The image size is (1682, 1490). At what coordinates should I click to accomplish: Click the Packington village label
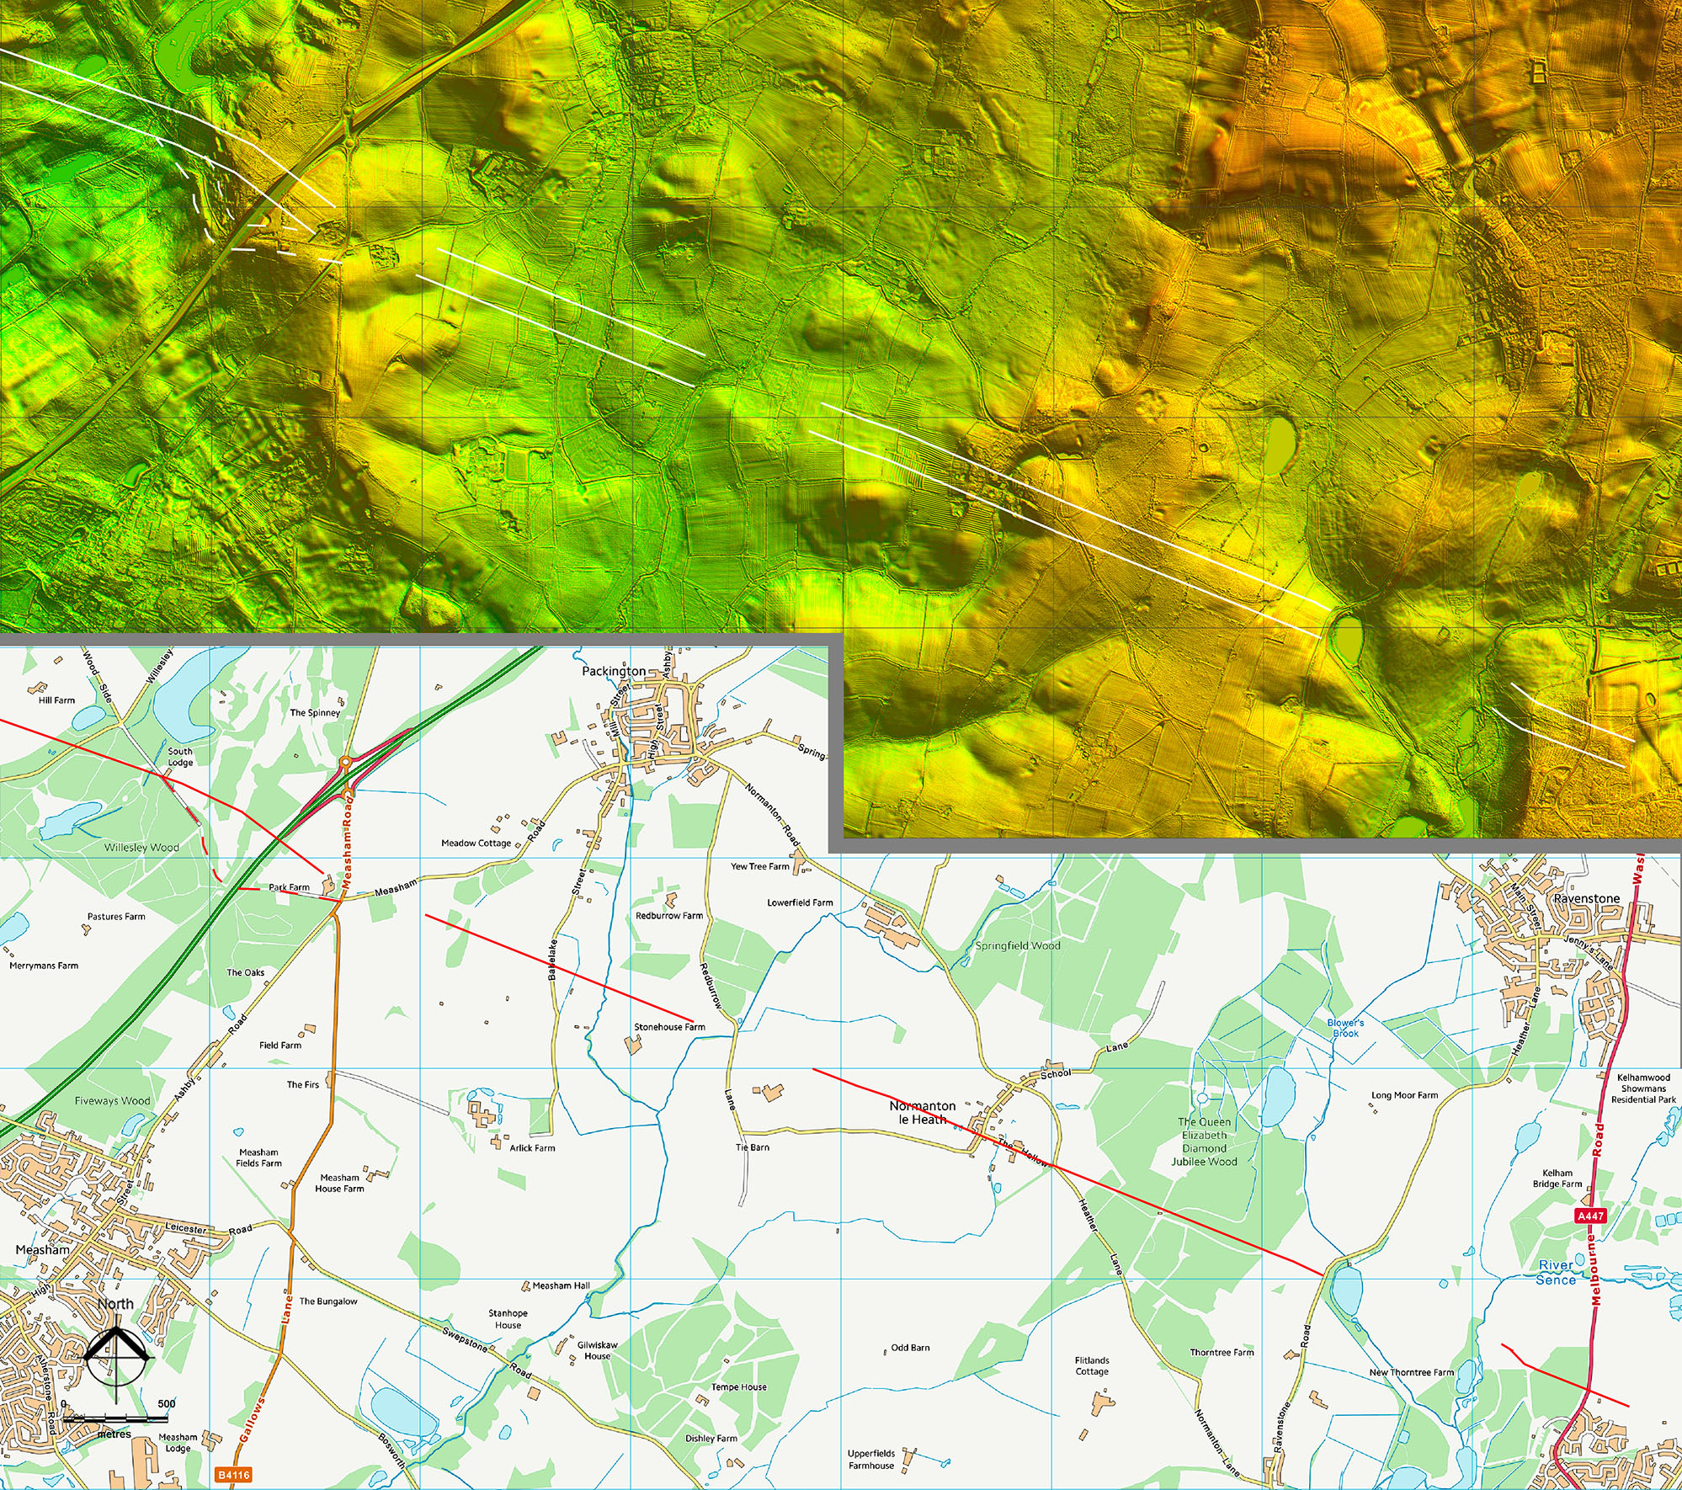click(614, 671)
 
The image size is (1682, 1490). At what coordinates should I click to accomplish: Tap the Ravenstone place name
click(1587, 898)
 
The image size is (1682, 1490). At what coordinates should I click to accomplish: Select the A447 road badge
click(1590, 1216)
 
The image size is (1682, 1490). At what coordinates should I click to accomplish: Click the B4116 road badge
click(233, 1475)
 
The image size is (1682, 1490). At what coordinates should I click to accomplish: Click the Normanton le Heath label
click(923, 1112)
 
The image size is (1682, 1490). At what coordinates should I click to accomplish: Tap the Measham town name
click(42, 1250)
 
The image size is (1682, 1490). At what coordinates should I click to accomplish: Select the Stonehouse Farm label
click(669, 1027)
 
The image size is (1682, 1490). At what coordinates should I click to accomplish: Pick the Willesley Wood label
click(141, 848)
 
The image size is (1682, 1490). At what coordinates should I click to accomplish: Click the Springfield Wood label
click(1017, 945)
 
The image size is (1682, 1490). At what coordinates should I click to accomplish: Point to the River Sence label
click(1556, 1273)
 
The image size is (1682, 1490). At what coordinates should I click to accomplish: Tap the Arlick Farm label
click(532, 1148)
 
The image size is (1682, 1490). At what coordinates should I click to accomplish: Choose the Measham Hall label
click(561, 1285)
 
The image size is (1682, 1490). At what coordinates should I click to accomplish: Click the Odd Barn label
click(910, 1348)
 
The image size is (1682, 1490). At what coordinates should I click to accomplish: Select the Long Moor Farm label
click(1404, 1095)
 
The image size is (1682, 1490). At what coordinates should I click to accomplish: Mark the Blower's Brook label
click(1345, 1028)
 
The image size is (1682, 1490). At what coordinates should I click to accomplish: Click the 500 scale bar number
click(167, 1404)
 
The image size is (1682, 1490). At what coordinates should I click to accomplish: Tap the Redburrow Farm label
click(668, 916)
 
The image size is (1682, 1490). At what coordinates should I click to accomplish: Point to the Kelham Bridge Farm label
click(1557, 1178)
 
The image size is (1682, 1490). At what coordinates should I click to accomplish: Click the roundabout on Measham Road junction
click(345, 763)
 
